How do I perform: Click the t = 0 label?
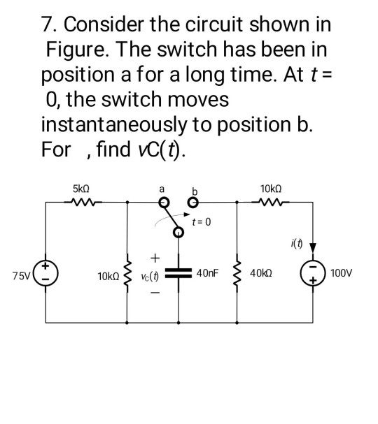click(x=202, y=222)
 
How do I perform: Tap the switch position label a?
click(x=162, y=189)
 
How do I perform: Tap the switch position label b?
click(x=195, y=190)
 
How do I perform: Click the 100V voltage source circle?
click(x=310, y=273)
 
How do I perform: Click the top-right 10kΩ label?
click(x=269, y=189)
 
